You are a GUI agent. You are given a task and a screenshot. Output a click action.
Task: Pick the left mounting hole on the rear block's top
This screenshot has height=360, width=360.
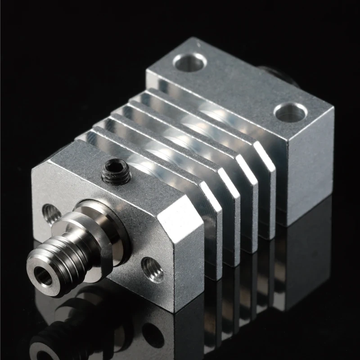click(189, 62)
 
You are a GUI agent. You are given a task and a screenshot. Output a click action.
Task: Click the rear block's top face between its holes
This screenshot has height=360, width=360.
click(238, 85)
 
